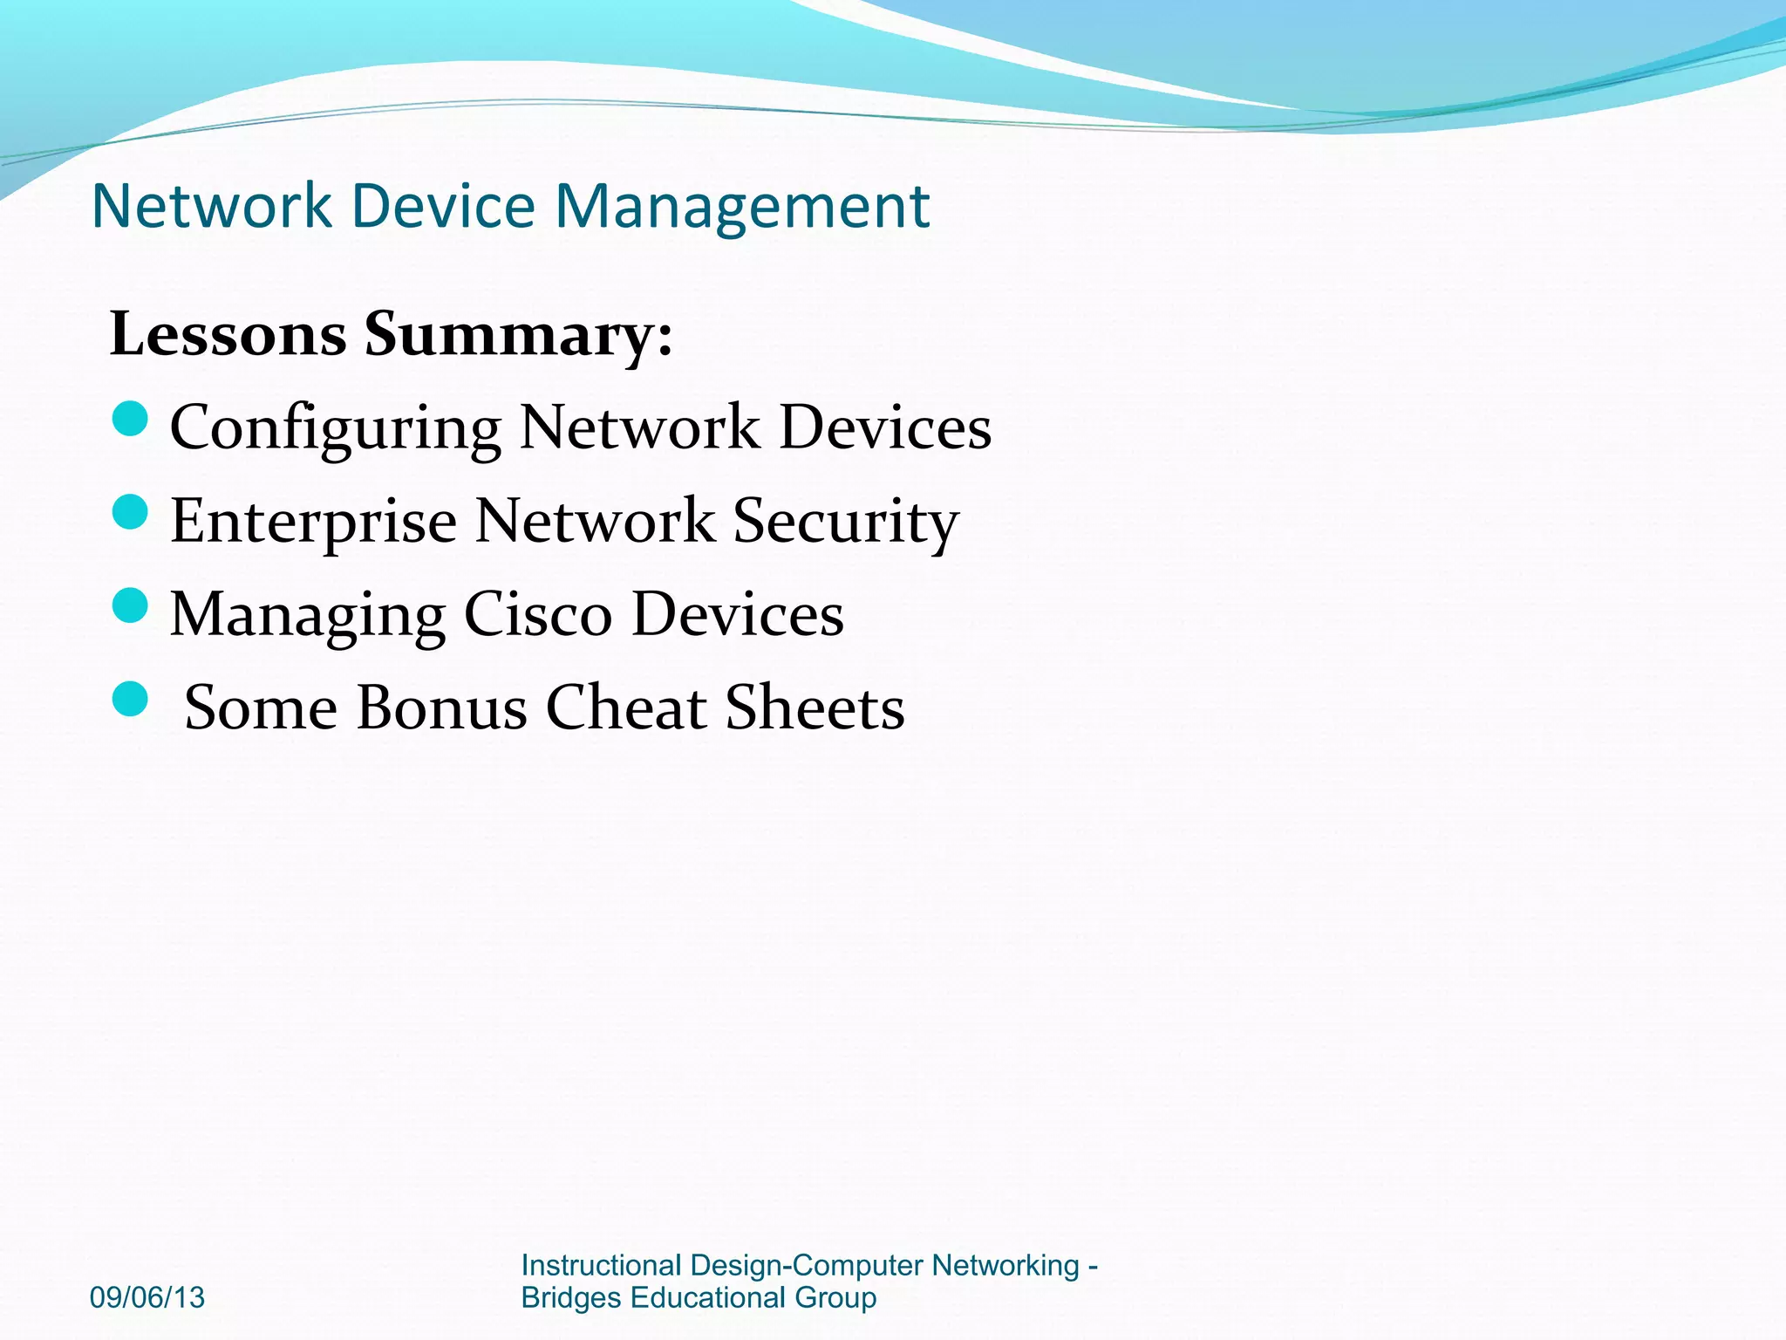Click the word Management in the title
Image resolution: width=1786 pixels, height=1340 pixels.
coord(742,207)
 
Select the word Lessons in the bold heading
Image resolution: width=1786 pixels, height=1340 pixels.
coord(228,334)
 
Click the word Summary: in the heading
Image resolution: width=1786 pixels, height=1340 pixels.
coord(519,336)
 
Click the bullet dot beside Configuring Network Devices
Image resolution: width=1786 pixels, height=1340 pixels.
coord(131,419)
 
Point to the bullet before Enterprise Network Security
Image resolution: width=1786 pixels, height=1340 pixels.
coord(131,512)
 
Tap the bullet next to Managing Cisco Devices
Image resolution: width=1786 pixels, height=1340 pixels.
coord(131,605)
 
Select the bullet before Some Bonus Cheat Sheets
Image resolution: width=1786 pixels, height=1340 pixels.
coord(131,699)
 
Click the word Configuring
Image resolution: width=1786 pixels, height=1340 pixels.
coord(335,429)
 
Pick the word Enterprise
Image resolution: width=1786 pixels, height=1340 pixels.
coord(313,521)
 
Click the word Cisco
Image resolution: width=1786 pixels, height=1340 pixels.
coord(537,614)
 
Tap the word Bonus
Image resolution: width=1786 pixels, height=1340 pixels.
coord(441,708)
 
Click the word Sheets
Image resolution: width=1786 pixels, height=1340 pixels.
coord(815,708)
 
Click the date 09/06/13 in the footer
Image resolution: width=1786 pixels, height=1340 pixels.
coord(147,1297)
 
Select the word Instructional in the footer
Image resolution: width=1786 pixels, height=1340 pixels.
coord(601,1265)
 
